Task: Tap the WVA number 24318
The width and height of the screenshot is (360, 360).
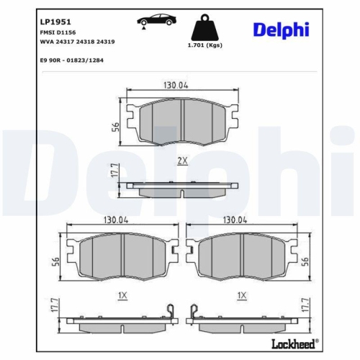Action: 86,42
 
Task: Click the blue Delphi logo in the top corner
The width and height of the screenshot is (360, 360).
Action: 280,30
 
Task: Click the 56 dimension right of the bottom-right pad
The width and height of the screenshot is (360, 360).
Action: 305,261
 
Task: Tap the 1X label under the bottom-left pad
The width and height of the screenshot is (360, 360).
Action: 122,296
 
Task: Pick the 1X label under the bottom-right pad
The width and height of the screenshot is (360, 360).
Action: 242,296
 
